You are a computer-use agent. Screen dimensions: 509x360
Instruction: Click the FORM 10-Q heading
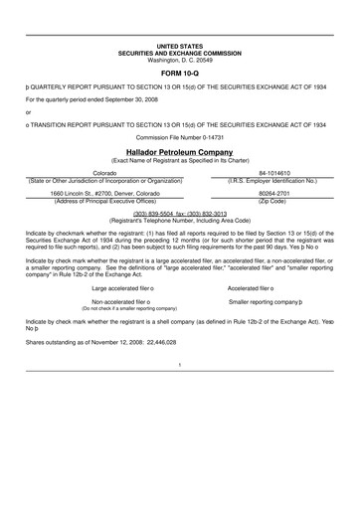click(x=180, y=74)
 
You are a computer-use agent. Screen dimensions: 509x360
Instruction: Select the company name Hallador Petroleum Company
click(x=180, y=151)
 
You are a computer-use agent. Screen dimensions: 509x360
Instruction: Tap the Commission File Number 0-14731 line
click(x=180, y=136)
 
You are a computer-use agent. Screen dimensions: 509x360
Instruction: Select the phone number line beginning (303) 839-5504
click(x=180, y=212)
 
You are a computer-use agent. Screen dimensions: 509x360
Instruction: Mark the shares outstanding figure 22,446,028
click(x=149, y=340)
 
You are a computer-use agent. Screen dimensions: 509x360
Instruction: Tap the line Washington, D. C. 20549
click(x=180, y=60)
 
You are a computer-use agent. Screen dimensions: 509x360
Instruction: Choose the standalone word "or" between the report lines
click(x=29, y=111)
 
